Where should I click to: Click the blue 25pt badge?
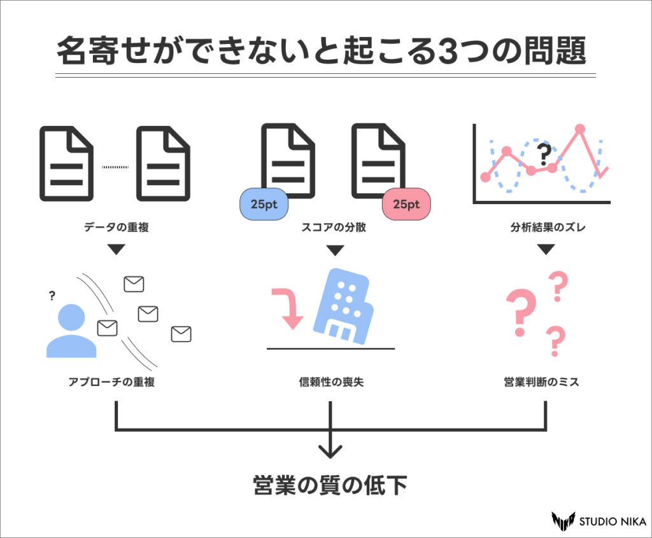coord(264,204)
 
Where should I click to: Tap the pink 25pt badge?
coord(406,204)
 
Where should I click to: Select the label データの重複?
coord(116,227)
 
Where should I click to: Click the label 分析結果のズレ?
coord(546,227)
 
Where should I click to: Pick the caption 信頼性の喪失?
coord(331,382)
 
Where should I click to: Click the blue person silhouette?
coord(71,331)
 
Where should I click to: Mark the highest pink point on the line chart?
coord(579,129)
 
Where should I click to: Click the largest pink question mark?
coord(520,312)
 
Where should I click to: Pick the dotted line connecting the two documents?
coord(115,167)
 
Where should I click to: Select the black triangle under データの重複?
coord(116,250)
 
